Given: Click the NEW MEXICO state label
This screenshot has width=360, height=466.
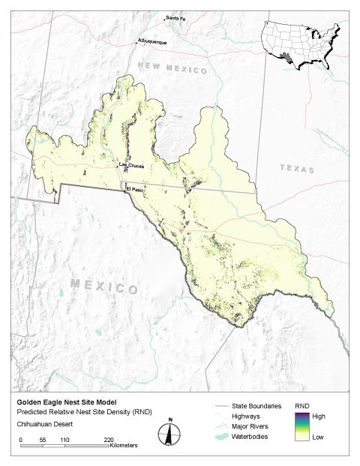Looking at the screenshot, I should [172, 70].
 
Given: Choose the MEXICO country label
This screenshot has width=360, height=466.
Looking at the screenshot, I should [105, 286].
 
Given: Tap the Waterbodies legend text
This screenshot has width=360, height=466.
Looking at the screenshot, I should [253, 435].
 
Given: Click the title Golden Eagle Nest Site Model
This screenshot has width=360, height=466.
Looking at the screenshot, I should [59, 401].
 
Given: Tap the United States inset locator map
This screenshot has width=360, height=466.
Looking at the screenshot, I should [299, 44].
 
